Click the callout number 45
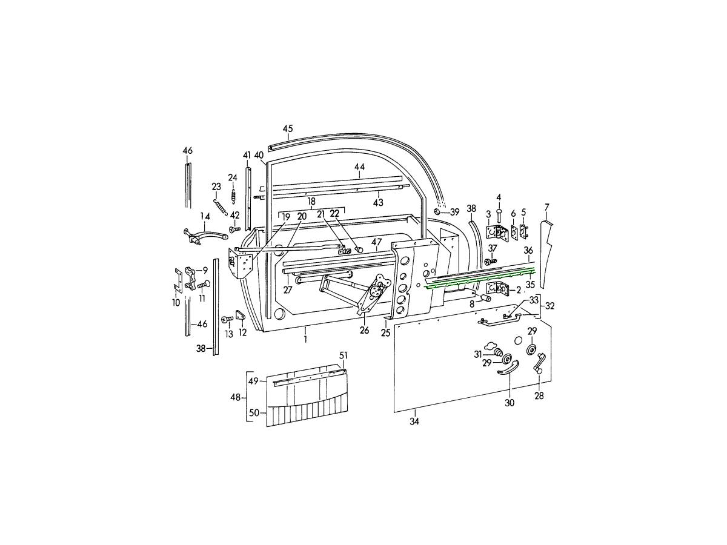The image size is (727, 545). [x=288, y=129]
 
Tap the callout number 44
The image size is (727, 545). [x=359, y=167]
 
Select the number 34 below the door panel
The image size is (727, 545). [x=414, y=421]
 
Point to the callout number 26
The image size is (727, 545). [x=364, y=330]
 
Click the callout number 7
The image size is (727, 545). [x=546, y=208]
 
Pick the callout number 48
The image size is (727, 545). [x=236, y=397]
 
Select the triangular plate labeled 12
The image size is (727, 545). [x=240, y=315]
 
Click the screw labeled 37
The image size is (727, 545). [x=490, y=261]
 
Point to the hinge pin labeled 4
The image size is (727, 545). [x=499, y=216]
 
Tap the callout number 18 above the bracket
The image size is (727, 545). [x=311, y=201]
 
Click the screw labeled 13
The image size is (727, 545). [x=227, y=319]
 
